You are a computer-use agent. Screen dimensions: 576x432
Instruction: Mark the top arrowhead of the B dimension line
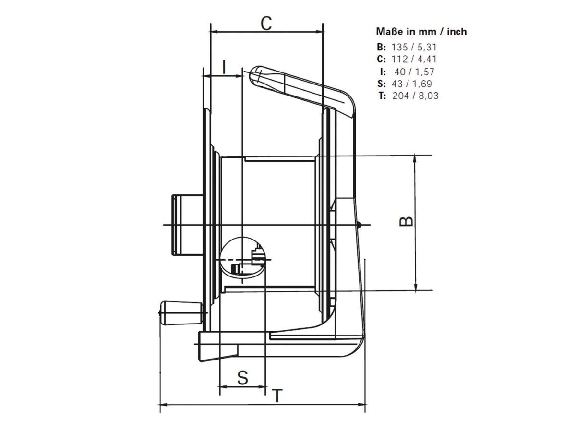(x=415, y=159)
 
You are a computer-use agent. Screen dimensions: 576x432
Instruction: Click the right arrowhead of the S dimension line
(x=262, y=386)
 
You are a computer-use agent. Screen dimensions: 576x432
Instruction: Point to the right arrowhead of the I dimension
(x=238, y=76)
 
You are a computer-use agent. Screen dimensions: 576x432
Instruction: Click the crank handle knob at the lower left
(x=181, y=313)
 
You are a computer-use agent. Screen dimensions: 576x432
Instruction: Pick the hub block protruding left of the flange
(x=188, y=225)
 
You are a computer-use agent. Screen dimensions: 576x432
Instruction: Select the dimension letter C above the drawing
(x=266, y=24)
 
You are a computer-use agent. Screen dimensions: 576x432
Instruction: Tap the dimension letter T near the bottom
(x=277, y=403)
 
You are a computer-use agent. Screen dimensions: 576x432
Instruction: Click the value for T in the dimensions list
(x=415, y=96)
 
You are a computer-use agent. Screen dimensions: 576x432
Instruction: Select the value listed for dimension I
(x=414, y=72)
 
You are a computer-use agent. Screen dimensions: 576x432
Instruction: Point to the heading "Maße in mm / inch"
(x=421, y=32)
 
